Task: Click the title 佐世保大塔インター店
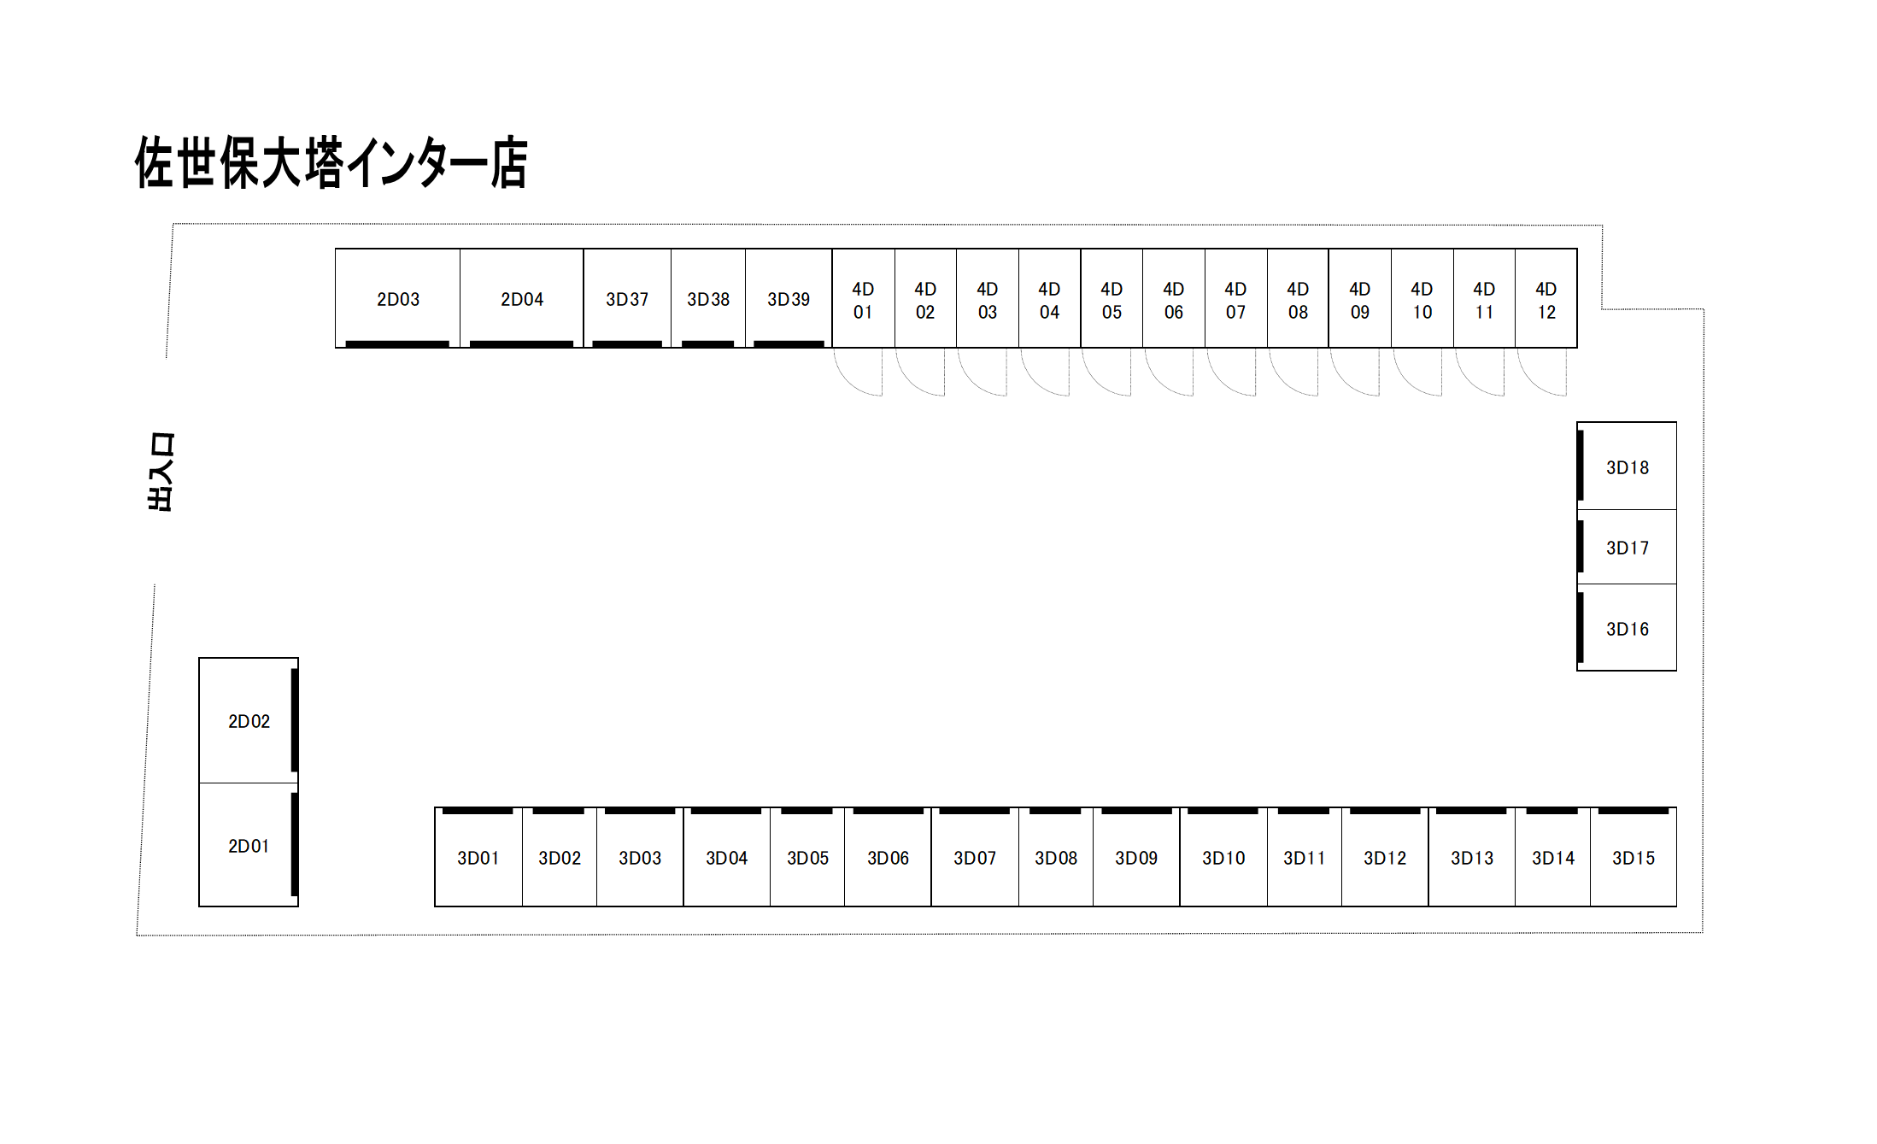coord(331,161)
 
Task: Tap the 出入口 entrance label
coord(161,472)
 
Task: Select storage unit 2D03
coord(397,298)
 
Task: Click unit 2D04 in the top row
coord(522,298)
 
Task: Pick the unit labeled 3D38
coord(708,298)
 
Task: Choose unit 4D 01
coord(864,298)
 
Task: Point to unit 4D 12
coord(1546,298)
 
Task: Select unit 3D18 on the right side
coord(1627,466)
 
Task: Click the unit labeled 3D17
coord(1627,547)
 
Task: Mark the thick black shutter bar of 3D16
coord(1581,628)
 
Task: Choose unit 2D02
coord(249,720)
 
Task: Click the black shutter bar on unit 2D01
coord(295,844)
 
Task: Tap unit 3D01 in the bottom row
coord(478,857)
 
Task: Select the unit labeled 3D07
coord(975,857)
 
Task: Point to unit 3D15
coord(1634,857)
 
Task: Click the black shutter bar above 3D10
coord(1223,811)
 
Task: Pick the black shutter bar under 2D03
coord(397,344)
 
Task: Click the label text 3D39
coord(789,299)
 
